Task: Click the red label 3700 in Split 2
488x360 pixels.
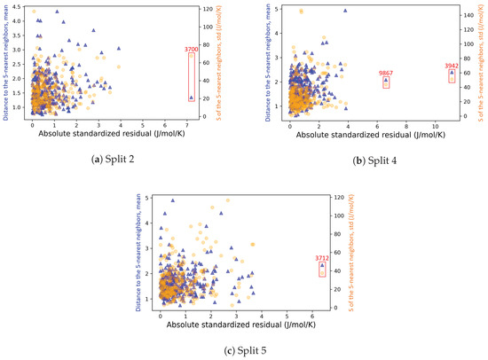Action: (191, 50)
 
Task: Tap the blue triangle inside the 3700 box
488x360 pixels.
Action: (191, 98)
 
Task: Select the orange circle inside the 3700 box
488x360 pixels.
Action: (191, 57)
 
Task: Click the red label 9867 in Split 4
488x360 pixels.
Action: (386, 73)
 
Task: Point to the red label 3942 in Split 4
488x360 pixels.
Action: (452, 65)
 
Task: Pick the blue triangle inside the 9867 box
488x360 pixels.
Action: (386, 81)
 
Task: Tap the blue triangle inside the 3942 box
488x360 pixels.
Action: (452, 73)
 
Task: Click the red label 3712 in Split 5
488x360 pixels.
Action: (323, 258)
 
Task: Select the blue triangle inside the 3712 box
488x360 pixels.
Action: (323, 265)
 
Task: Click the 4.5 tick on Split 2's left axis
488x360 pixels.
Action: (18, 9)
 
